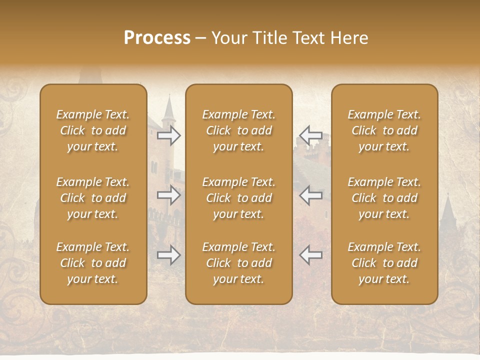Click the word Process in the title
pos(157,38)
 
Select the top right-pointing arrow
pos(168,135)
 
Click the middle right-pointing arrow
pos(168,195)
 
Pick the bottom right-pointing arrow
pos(168,255)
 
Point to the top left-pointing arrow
pos(310,135)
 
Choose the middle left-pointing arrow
pos(310,195)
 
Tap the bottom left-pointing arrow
pos(310,255)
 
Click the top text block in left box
pos(93,130)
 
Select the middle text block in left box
pos(93,198)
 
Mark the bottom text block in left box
pos(93,263)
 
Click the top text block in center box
pos(238,130)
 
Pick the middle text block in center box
pos(238,198)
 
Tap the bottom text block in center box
pos(238,263)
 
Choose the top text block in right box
pos(384,130)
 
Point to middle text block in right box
pos(384,198)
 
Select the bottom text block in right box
pos(384,263)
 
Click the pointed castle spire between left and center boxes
pos(168,107)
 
